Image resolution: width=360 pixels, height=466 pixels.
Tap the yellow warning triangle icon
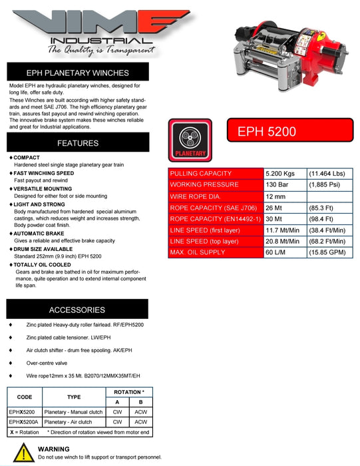pyautogui.click(x=23, y=453)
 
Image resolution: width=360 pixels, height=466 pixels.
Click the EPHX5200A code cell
pyautogui.click(x=25, y=422)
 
